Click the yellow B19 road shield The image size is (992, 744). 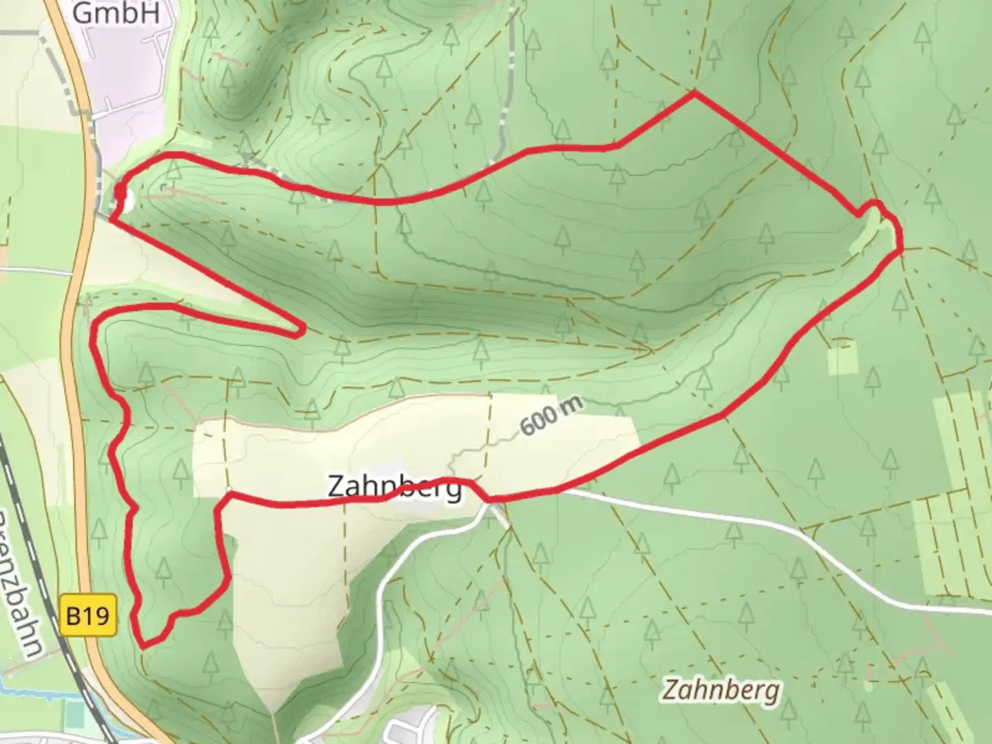pos(88,615)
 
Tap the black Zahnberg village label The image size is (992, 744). pos(394,486)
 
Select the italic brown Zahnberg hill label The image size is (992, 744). pos(721,690)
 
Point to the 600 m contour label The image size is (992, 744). pos(551,415)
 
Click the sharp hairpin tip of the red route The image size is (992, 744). pos(302,332)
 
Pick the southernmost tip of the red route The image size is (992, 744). pos(143,646)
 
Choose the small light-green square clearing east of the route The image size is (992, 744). pos(843,357)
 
